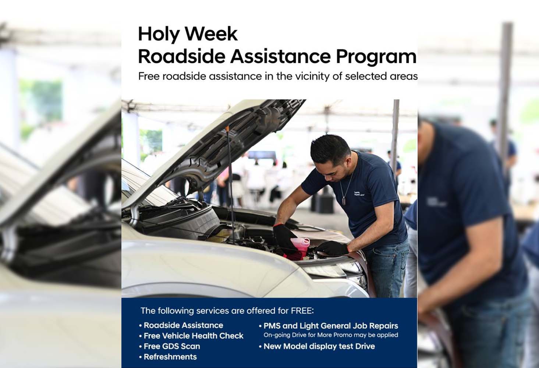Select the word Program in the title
click(x=376, y=58)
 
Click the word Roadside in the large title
click(x=182, y=56)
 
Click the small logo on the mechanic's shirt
click(x=358, y=194)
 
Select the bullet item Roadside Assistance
click(x=181, y=325)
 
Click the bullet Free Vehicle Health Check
click(x=191, y=336)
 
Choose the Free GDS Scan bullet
click(x=170, y=346)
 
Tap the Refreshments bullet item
click(x=168, y=357)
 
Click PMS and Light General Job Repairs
click(x=329, y=326)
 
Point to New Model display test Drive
click(x=317, y=346)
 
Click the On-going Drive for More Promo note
click(x=331, y=335)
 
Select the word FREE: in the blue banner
click(x=302, y=311)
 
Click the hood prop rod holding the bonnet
click(x=230, y=183)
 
